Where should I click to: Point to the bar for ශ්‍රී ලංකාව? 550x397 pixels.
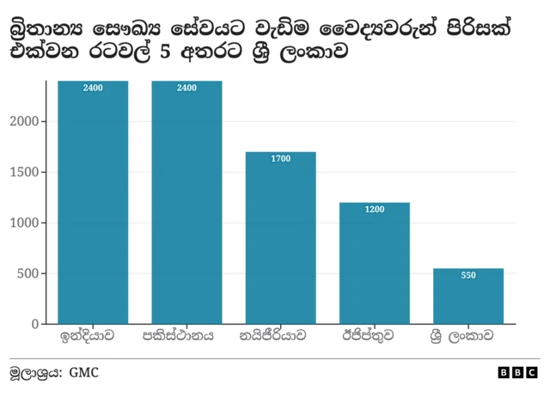pyautogui.click(x=468, y=296)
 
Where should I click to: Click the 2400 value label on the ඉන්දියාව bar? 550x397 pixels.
pyautogui.click(x=93, y=88)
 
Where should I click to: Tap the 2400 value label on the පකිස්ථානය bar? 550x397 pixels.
pyautogui.click(x=186, y=88)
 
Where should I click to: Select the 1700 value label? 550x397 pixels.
pyautogui.click(x=280, y=159)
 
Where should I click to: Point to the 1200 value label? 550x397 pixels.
pyautogui.click(x=374, y=210)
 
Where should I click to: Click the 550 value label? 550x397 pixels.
pyautogui.click(x=468, y=276)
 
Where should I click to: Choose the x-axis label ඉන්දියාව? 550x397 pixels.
pyautogui.click(x=93, y=336)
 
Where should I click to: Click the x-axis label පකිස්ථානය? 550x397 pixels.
pyautogui.click(x=186, y=336)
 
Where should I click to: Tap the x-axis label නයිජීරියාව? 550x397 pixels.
pyautogui.click(x=280, y=336)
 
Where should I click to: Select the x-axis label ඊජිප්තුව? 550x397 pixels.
pyautogui.click(x=374, y=336)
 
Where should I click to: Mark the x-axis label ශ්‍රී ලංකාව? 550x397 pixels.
pyautogui.click(x=468, y=336)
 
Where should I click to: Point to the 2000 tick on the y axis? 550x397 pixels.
pyautogui.click(x=26, y=122)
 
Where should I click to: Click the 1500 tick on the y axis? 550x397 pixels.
pyautogui.click(x=26, y=173)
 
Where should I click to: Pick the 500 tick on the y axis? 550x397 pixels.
pyautogui.click(x=29, y=274)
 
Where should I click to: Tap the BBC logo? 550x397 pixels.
pyautogui.click(x=517, y=373)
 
